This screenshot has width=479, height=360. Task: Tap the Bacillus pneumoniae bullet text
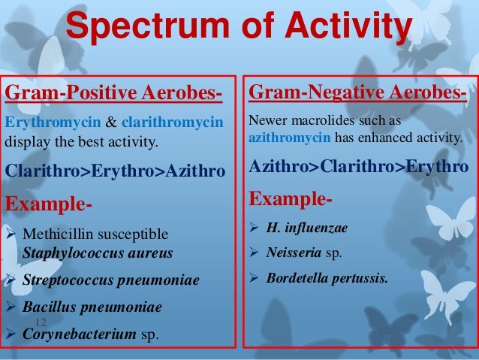coord(92,307)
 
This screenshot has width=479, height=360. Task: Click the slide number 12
coord(41,322)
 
